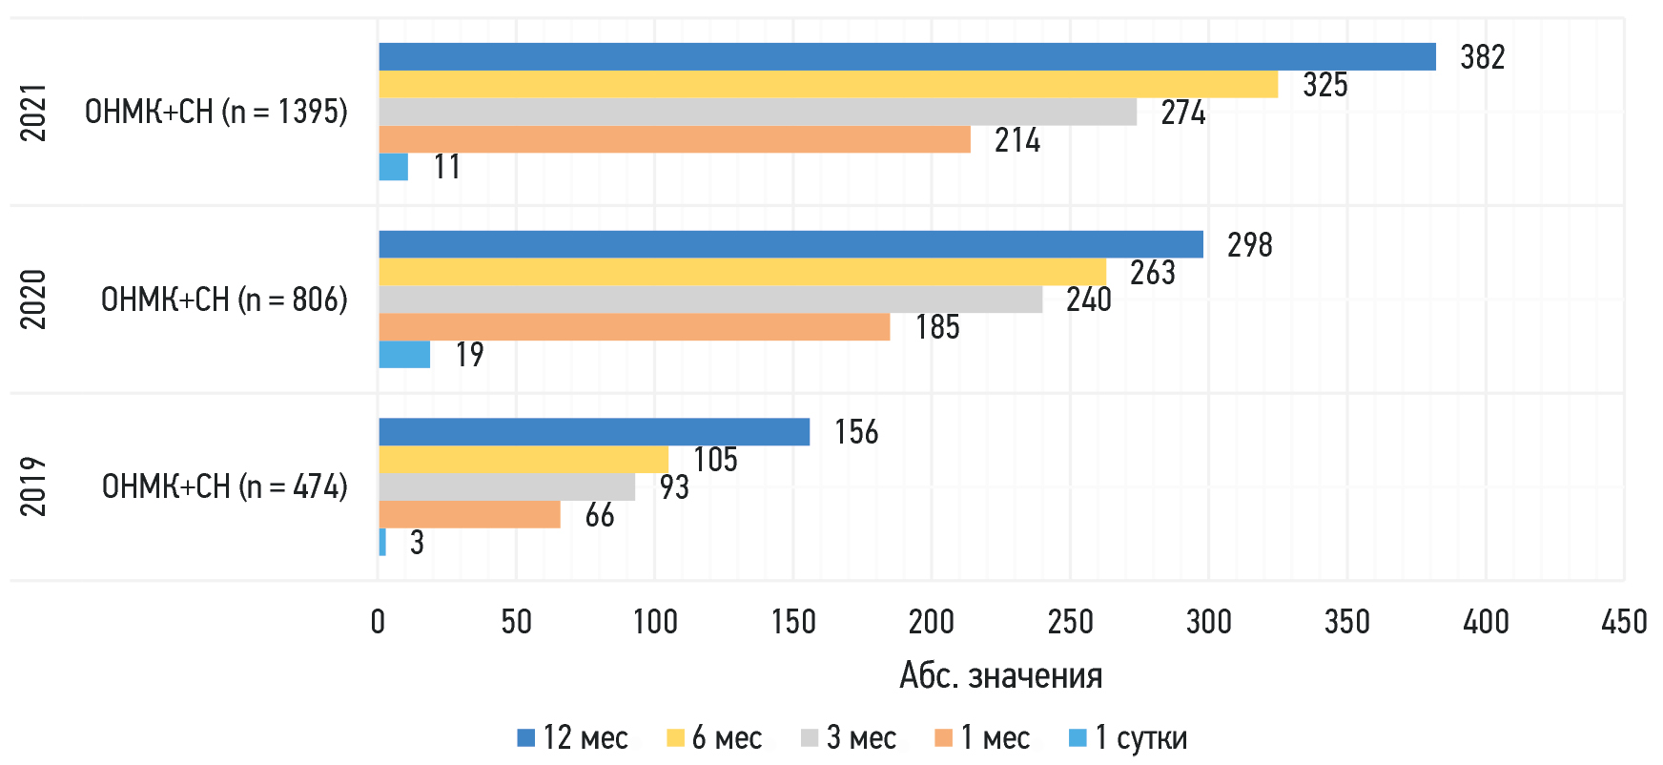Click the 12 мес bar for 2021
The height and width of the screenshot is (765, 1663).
tap(906, 57)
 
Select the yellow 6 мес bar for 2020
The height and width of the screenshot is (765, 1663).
tap(742, 272)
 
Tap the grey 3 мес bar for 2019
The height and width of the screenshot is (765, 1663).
tap(506, 487)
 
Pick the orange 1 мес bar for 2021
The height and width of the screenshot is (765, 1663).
tap(674, 140)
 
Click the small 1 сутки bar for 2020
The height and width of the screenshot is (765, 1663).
tap(404, 355)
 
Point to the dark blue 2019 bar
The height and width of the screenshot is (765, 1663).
tap(593, 432)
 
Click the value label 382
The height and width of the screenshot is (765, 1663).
tap(1482, 57)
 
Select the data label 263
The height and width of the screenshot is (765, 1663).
tap(1152, 273)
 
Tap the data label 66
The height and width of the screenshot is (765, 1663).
tap(599, 516)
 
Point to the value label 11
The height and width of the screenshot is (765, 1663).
tap(446, 167)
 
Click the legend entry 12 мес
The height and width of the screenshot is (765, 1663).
tap(572, 738)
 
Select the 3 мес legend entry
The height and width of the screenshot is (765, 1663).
tap(849, 738)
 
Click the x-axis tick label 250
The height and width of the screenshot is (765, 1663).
tap(1070, 622)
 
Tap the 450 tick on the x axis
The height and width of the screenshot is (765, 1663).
tap(1623, 622)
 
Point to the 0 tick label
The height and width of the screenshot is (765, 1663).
tap(379, 622)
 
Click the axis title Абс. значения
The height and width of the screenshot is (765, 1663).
tap(1000, 676)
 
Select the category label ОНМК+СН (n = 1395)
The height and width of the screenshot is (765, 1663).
tap(216, 112)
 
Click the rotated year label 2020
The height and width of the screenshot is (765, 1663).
tap(33, 300)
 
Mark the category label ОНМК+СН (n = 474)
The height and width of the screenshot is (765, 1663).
tap(224, 486)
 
